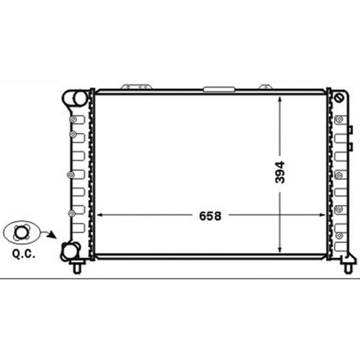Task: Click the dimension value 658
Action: pos(210,216)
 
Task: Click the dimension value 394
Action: pos(280,172)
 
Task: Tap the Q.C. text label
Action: pos(24,254)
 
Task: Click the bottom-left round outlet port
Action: pos(70,251)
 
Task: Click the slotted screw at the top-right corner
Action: pos(339,98)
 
